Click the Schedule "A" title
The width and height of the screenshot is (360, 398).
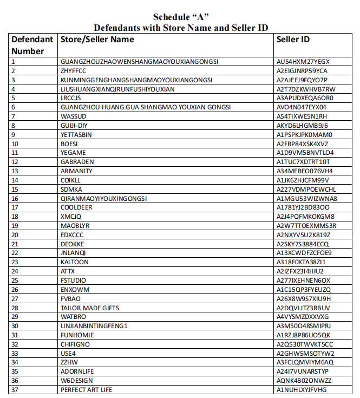pyautogui.click(x=181, y=17)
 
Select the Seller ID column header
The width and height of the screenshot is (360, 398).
pyautogui.click(x=293, y=40)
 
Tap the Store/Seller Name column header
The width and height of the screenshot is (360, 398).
pyautogui.click(x=97, y=40)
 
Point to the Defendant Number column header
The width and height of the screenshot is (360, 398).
pyautogui.click(x=32, y=45)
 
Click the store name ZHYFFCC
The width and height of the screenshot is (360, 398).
pyautogui.click(x=73, y=71)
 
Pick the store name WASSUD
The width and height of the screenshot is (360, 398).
pyautogui.click(x=73, y=116)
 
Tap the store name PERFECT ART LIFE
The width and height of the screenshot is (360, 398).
pyautogui.click(x=87, y=390)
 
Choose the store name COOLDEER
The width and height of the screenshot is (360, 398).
pyautogui.click(x=76, y=207)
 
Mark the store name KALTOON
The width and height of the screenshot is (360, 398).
pyautogui.click(x=75, y=262)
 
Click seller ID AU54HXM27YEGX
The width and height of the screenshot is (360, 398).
pyautogui.click(x=303, y=62)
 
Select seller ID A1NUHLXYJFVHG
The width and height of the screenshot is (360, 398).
pyautogui.click(x=302, y=390)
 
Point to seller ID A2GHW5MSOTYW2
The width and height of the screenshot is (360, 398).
pyautogui.click(x=305, y=354)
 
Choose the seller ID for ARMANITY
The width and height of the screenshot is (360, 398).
pyautogui.click(x=305, y=171)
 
